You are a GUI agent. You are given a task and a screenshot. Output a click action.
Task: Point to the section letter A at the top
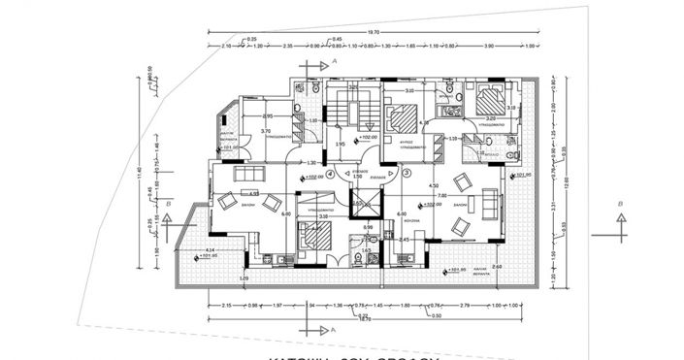click(334, 61)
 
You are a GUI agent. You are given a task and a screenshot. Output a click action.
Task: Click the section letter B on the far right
click(619, 204)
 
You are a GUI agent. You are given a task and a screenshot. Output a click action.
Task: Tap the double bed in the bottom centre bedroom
click(312, 236)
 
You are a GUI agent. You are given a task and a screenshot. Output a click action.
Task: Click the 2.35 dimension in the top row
click(288, 46)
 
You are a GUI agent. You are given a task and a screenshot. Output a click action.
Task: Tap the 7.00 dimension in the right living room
click(440, 195)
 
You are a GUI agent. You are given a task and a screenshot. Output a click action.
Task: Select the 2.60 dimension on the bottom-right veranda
click(496, 266)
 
